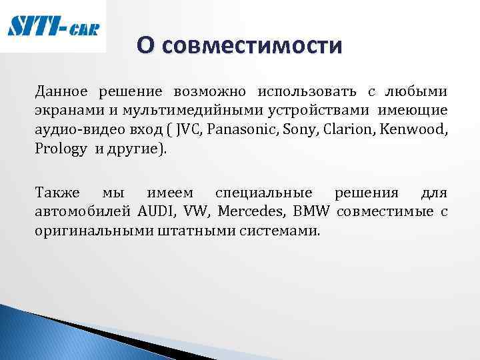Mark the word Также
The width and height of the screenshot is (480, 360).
tap(57, 193)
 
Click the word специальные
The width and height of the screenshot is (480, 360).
tap(263, 193)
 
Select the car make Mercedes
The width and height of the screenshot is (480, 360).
tap(252, 213)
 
